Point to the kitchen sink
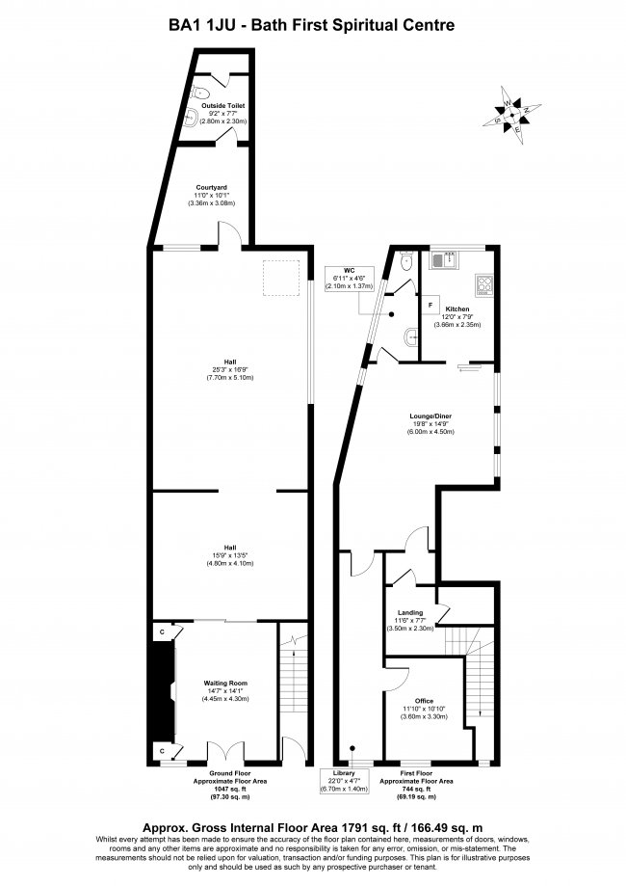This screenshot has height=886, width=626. coord(447,258)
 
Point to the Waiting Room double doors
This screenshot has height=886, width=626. coord(222,750)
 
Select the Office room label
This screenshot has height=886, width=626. coord(425,701)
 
